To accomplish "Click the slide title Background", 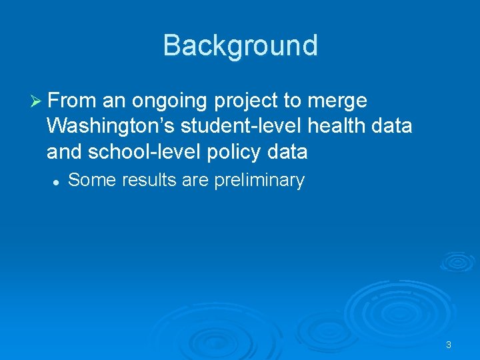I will [240, 45].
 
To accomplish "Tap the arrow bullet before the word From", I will [37, 101].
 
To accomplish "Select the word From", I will [72, 101].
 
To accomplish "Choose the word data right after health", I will [393, 127].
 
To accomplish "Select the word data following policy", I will [287, 152].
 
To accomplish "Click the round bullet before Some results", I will [58, 181].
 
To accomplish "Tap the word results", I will [142, 180].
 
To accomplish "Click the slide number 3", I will [448, 345].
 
